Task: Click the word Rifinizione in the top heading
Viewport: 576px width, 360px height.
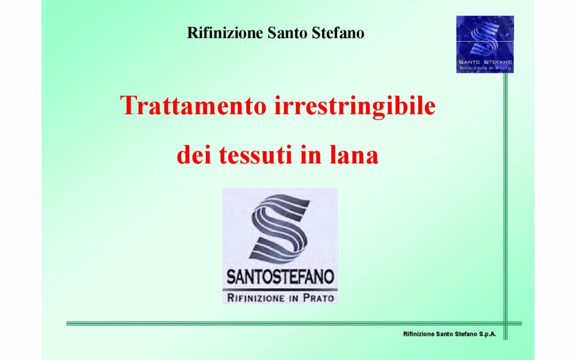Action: (225, 33)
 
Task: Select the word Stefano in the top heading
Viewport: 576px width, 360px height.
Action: (338, 33)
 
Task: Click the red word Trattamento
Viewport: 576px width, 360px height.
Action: (193, 106)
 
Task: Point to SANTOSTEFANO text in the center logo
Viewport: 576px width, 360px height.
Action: (280, 277)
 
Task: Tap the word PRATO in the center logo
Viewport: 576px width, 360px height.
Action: (318, 298)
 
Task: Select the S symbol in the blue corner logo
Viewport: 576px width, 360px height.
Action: (484, 38)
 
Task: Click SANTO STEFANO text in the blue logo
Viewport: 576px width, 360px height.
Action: (485, 62)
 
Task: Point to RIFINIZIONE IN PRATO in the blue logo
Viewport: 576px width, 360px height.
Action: (485, 68)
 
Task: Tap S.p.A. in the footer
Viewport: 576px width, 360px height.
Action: (487, 334)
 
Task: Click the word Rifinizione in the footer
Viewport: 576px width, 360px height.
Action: (419, 334)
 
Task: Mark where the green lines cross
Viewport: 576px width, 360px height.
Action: (506, 324)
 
